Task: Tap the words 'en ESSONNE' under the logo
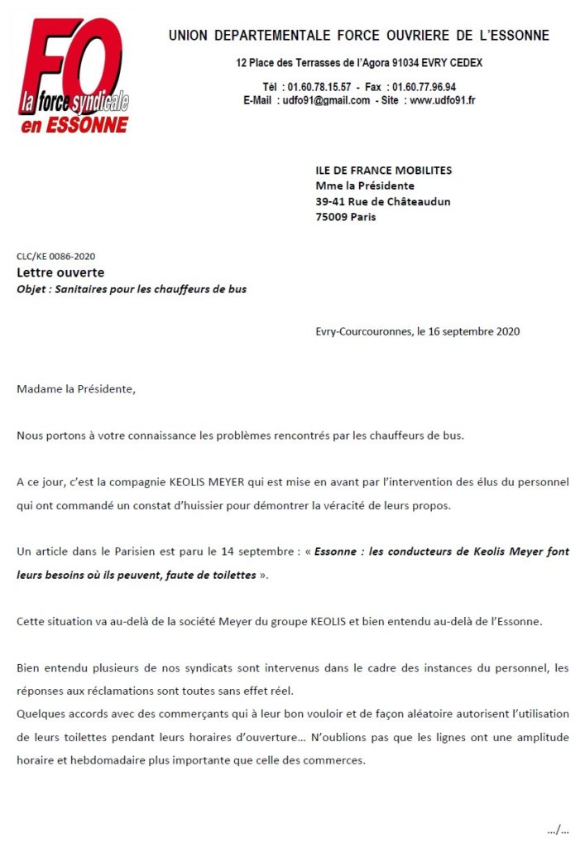click(x=74, y=125)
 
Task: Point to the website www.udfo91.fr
click(x=443, y=100)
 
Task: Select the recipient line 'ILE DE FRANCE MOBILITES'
click(x=384, y=171)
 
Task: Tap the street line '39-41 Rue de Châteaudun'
click(x=383, y=201)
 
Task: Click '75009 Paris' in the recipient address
click(x=345, y=217)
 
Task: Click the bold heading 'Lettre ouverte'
click(x=60, y=272)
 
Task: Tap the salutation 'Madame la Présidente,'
click(x=75, y=388)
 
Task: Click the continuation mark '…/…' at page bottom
click(x=558, y=829)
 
